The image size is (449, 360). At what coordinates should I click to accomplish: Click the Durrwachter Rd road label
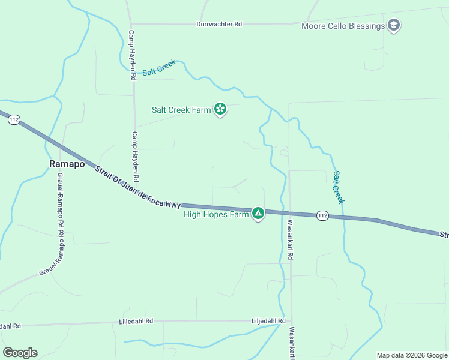(219, 24)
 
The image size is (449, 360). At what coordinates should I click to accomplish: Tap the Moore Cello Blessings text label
(343, 26)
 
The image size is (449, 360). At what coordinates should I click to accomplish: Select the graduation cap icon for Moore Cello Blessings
(394, 26)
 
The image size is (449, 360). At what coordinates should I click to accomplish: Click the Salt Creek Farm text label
(181, 110)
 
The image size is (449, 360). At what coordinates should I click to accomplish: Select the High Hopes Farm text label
(215, 214)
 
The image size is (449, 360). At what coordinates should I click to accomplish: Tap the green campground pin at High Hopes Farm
(258, 213)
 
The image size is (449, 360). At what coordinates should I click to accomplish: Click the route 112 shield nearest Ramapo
(14, 120)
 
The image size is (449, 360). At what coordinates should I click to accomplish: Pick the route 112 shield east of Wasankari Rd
(322, 215)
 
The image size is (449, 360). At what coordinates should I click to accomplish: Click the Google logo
(20, 353)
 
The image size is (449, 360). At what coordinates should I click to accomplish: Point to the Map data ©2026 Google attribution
(411, 355)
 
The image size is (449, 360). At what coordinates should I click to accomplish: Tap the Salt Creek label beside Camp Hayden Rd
(159, 68)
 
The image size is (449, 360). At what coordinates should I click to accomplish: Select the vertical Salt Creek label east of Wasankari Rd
(339, 187)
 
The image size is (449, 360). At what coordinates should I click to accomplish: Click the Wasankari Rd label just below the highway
(289, 239)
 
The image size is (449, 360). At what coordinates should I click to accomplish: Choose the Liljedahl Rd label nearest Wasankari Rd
(268, 321)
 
